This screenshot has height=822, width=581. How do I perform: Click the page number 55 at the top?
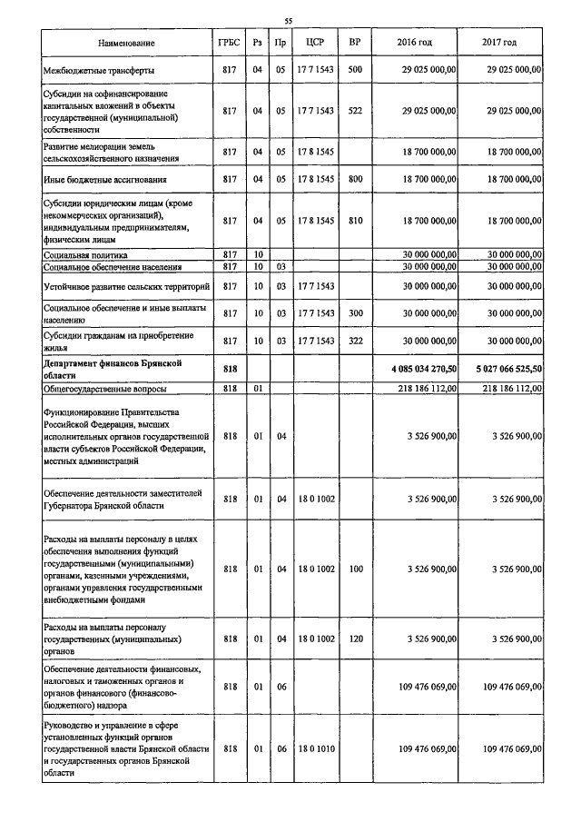coord(288,21)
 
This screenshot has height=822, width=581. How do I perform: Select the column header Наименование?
coord(127,44)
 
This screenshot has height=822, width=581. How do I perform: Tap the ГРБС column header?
coord(229,44)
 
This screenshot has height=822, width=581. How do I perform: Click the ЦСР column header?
coord(315,44)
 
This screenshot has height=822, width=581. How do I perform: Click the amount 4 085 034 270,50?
coord(414,369)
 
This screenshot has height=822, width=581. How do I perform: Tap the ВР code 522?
coord(355,111)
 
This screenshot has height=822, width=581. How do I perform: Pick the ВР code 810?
coord(355,221)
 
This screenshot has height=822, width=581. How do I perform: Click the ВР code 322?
coord(355,340)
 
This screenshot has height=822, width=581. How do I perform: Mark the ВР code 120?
coord(355,639)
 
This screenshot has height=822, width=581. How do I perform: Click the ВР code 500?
coord(355,70)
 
